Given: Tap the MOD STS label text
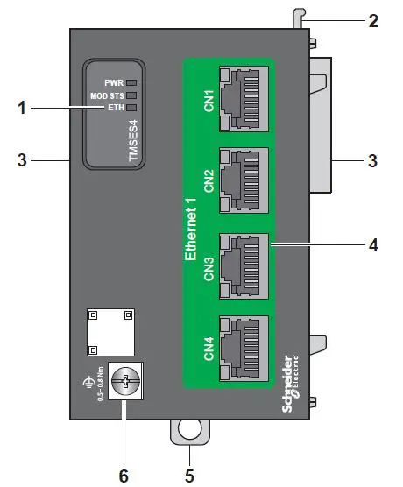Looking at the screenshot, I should coord(106,95).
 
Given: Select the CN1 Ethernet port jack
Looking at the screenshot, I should coord(244,99).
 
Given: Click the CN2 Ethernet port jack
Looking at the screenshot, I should coord(244,181).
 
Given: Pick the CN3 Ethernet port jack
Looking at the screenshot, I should coord(244,264).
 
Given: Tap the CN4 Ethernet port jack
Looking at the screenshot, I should coord(244,344).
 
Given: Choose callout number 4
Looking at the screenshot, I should coord(374,246).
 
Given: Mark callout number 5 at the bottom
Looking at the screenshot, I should coord(187,476).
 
